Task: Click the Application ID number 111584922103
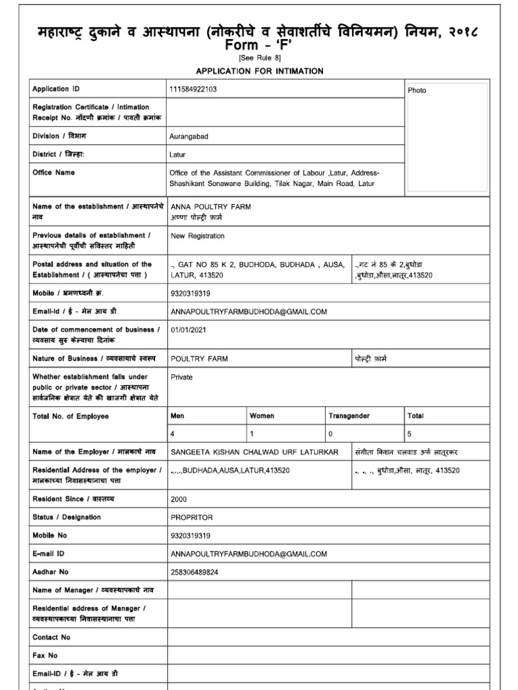coord(194,89)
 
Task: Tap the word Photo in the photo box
coord(417,90)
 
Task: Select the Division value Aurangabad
coord(190,136)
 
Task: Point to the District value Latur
coord(178,154)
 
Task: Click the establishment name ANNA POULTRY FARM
coord(211,207)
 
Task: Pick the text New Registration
coord(198,236)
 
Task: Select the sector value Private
coord(182,377)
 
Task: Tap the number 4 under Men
coord(173,435)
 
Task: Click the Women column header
coord(262,416)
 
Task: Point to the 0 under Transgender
coord(330,435)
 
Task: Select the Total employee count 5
coord(409,435)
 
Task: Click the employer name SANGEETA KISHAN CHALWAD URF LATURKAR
coord(254,451)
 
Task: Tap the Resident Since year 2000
coord(179,499)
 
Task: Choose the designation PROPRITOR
coord(192,517)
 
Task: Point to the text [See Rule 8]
coord(258,58)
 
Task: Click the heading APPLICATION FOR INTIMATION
coord(259,71)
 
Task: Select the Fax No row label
coord(45,655)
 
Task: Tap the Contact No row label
coord(51,637)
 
